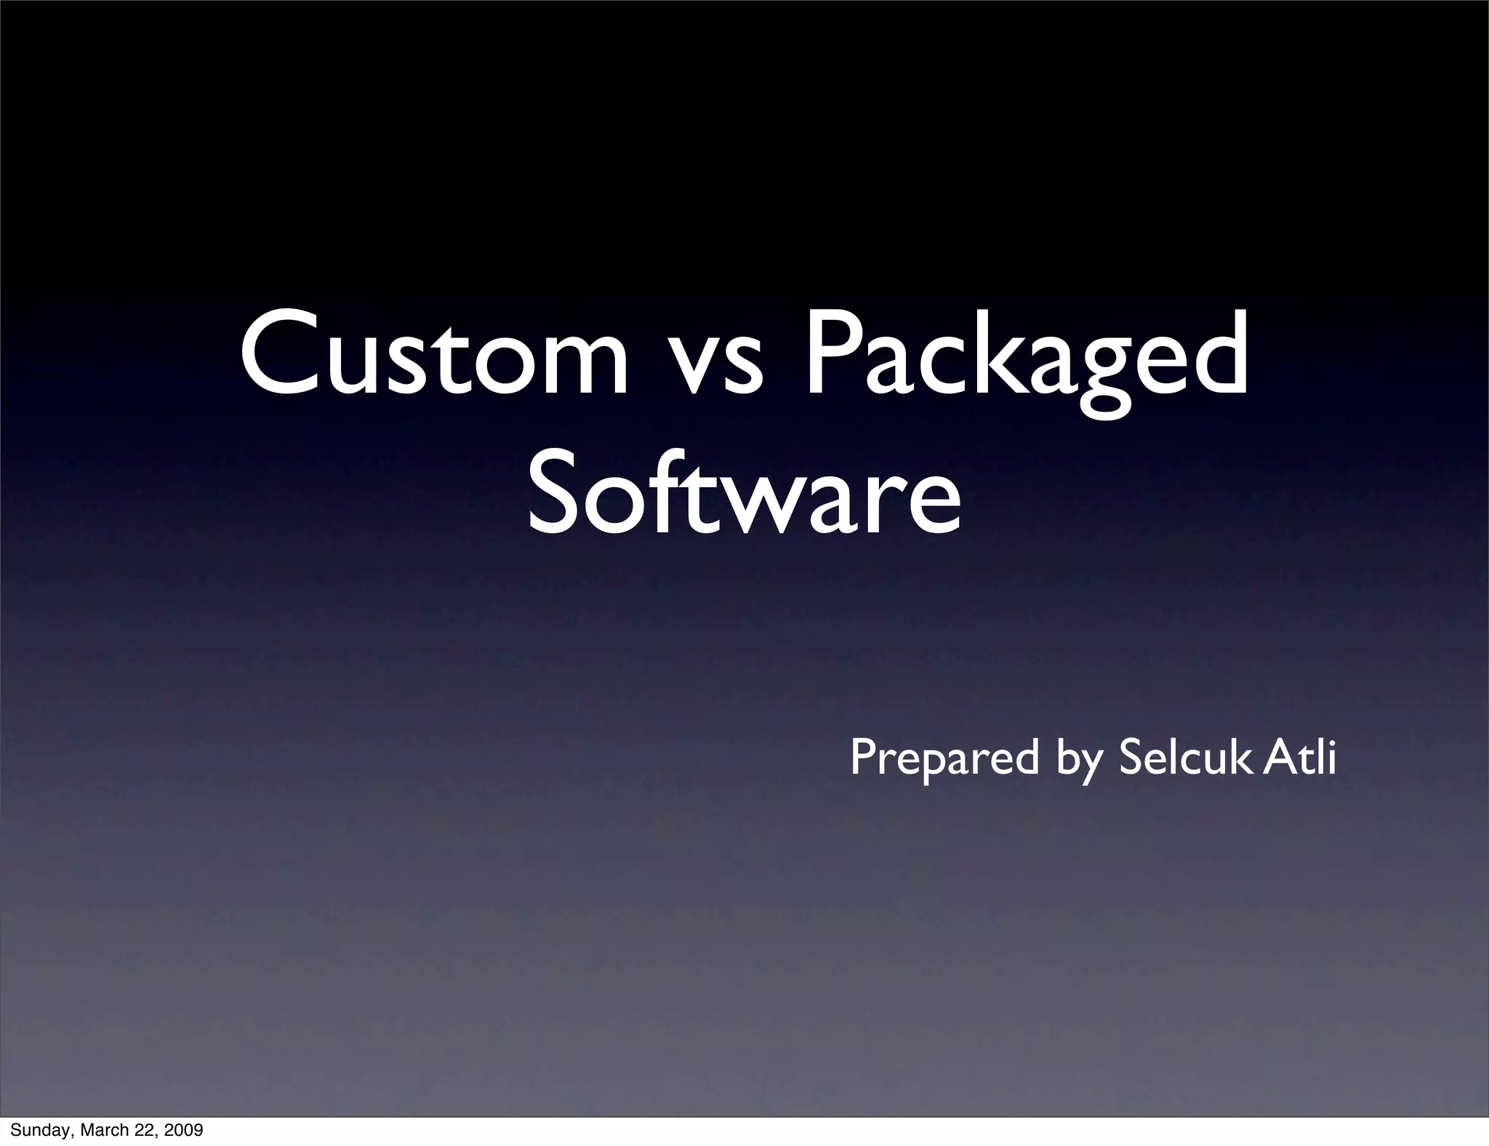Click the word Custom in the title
[433, 353]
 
